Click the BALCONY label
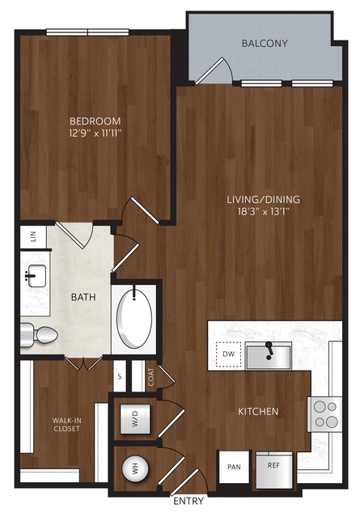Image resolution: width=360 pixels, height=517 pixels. click(265, 44)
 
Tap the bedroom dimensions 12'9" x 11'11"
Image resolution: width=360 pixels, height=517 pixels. click(95, 133)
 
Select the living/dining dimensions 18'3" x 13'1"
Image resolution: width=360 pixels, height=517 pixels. click(264, 212)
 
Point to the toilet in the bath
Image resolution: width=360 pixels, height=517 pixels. click(39, 335)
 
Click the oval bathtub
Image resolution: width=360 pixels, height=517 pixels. click(135, 320)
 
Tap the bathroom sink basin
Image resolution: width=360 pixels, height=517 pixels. click(36, 276)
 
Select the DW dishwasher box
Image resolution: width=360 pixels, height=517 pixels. click(228, 354)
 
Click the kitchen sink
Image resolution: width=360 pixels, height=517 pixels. click(269, 356)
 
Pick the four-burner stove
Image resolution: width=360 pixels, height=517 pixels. click(325, 414)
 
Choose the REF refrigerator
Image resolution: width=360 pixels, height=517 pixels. click(274, 470)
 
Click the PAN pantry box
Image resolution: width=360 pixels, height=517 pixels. click(234, 467)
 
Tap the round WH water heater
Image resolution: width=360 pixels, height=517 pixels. click(135, 468)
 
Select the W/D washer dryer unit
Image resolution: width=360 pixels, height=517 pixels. click(135, 419)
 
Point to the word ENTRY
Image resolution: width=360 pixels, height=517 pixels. click(188, 501)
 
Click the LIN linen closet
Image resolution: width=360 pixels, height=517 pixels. click(33, 237)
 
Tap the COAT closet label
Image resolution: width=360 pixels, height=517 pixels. click(151, 376)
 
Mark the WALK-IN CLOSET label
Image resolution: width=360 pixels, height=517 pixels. click(67, 425)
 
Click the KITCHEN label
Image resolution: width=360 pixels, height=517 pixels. click(258, 412)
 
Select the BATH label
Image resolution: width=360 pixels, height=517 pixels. click(83, 297)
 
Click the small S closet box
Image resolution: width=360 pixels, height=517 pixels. click(120, 376)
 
